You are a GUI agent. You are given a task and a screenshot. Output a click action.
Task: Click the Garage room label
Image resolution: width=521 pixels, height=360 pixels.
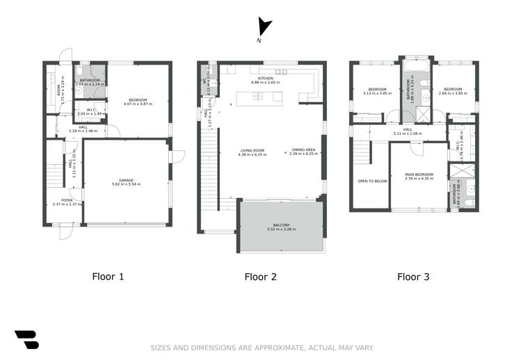click(126, 182)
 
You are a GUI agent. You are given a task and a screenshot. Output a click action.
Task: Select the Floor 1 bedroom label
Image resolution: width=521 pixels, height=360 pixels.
click(137, 102)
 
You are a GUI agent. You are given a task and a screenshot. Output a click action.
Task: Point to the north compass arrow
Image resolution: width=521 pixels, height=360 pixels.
click(263, 28)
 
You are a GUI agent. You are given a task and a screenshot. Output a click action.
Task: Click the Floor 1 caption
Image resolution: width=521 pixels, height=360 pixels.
click(109, 277)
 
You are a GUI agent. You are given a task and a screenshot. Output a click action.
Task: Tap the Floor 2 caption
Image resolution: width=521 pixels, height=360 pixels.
click(261, 277)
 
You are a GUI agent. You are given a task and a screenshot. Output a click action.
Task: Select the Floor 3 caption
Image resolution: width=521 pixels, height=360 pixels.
click(413, 277)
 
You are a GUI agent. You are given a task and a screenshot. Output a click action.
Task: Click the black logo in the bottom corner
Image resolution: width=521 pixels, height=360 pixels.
click(26, 339)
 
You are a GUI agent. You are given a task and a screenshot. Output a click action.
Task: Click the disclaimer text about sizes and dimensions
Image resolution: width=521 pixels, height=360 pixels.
click(262, 347)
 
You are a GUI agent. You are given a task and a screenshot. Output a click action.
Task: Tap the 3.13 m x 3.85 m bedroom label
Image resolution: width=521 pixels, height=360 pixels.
click(376, 91)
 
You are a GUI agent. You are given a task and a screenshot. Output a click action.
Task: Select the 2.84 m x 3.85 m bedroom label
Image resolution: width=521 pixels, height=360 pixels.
click(453, 91)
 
